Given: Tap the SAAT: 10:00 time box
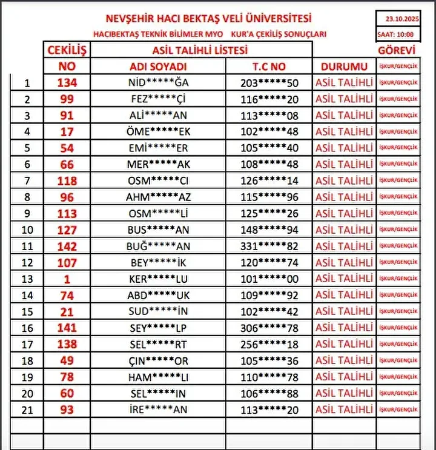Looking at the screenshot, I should click(397, 34).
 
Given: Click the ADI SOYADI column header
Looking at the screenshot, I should click(159, 67).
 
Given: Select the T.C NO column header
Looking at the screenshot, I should click(269, 67).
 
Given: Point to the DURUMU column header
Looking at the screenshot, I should click(344, 67).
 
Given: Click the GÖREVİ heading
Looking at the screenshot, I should click(397, 51).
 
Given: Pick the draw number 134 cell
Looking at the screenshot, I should click(67, 83).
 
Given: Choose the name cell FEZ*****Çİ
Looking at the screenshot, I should click(159, 99).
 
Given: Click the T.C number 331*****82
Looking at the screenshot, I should click(269, 246).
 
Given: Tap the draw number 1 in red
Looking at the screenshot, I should click(67, 279).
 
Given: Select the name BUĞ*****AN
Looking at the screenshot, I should click(159, 246).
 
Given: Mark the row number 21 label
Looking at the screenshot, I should click(26, 409).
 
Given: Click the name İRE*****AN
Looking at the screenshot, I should click(159, 409).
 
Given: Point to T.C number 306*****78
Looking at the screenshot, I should click(269, 328).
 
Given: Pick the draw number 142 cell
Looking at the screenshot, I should click(67, 246).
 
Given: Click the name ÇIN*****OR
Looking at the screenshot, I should click(159, 360).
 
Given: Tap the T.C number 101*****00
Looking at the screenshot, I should click(269, 279).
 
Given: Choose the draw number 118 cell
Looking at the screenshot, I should click(67, 180).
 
